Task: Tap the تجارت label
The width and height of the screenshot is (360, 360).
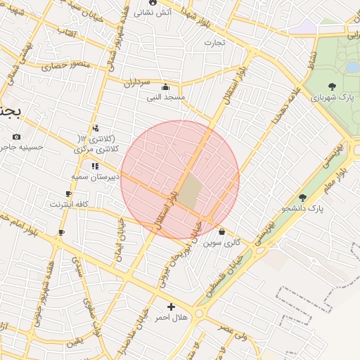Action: pos(214,43)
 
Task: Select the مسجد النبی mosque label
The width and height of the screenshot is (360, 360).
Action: pos(165,97)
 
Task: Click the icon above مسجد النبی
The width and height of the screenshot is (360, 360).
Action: pos(165,86)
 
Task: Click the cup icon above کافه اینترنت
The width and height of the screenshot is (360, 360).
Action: pos(68,193)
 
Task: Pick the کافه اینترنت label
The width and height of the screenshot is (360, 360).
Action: pos(68,204)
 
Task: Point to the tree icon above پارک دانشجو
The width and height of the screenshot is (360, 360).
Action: pos(303,198)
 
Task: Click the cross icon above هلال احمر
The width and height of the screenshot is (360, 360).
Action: pos(172,307)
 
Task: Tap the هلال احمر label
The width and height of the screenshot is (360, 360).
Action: pos(172,318)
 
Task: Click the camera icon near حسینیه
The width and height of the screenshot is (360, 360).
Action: pos(17,136)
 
